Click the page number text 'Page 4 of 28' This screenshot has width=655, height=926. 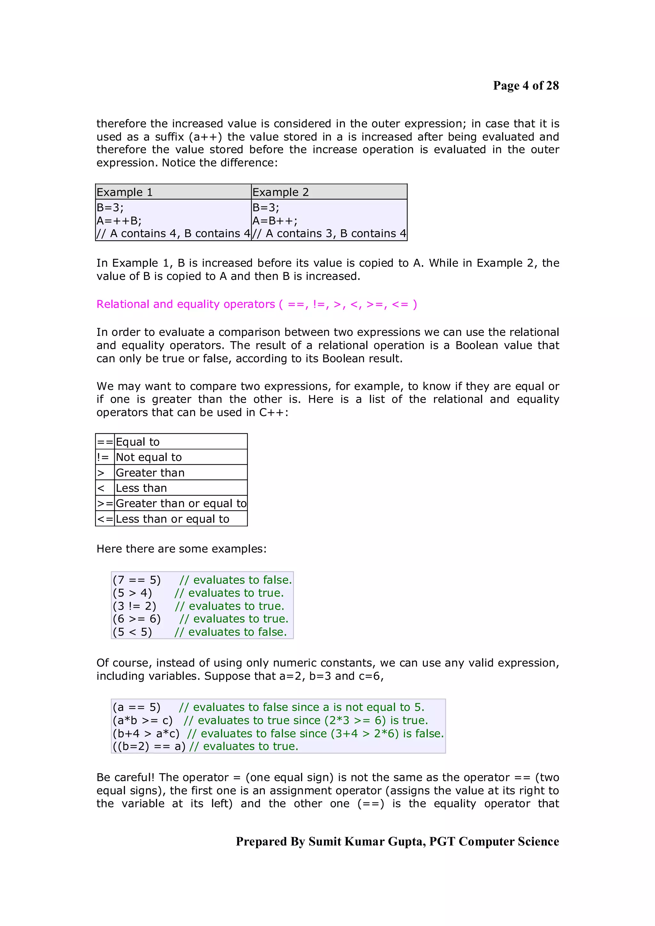pos(525,86)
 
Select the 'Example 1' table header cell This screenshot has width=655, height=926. pos(173,192)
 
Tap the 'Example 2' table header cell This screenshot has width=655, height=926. pos(329,192)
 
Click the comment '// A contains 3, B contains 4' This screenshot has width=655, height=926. pos(329,234)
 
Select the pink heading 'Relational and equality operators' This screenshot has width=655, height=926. pos(185,304)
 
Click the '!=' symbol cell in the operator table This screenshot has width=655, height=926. pos(103,457)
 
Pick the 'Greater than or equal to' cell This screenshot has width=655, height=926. pos(181,503)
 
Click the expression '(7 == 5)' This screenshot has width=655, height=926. pos(137,580)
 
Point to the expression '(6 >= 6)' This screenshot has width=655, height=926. pos(137,619)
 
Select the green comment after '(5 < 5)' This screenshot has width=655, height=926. pos(231,632)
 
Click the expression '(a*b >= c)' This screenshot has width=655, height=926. pos(142,720)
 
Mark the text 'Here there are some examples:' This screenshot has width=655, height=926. pos(181,549)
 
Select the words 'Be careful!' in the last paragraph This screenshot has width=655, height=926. pos(125,777)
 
